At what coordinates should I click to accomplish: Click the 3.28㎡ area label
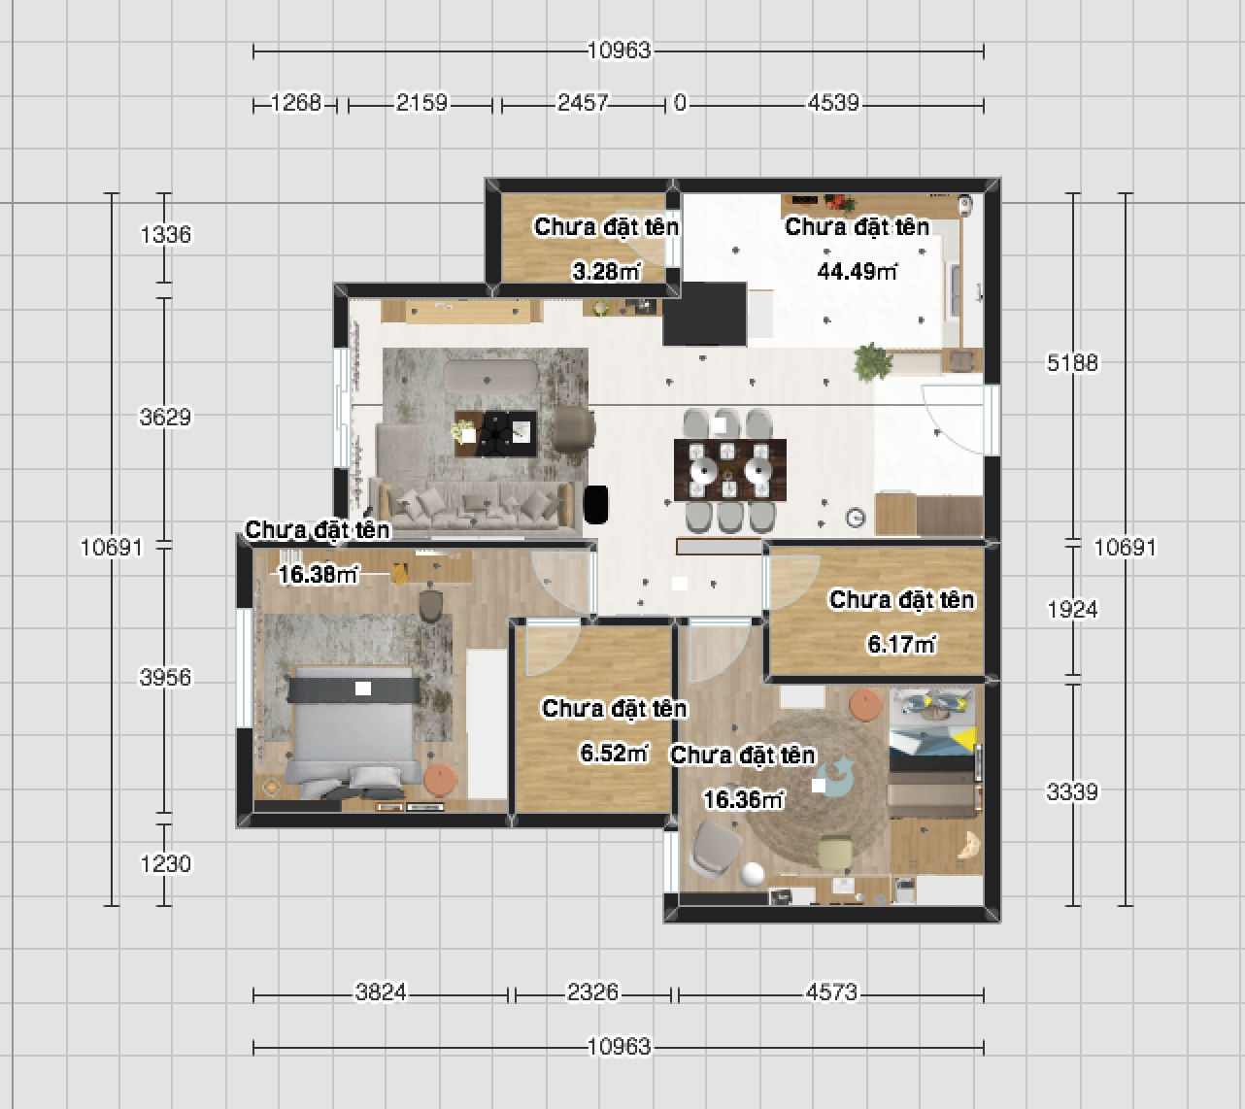tap(607, 271)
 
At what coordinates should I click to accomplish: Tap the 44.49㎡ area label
tap(857, 271)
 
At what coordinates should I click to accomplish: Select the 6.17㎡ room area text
tap(901, 644)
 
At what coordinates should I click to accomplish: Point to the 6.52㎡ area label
tap(614, 753)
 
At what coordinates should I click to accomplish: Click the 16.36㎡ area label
tap(743, 799)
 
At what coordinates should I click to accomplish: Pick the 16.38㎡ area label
tap(318, 575)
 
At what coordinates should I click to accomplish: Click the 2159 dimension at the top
tap(421, 103)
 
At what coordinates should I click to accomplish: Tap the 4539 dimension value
tap(833, 103)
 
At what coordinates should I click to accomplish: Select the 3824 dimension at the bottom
tap(381, 992)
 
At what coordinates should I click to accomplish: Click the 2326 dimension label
tap(593, 992)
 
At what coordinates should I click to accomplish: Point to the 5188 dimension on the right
tap(1072, 363)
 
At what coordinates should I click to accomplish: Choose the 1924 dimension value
tap(1072, 610)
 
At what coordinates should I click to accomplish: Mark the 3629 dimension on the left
tap(165, 418)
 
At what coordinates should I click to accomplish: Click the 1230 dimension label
tap(166, 864)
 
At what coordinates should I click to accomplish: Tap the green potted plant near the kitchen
tap(873, 362)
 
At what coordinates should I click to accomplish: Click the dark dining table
tap(730, 470)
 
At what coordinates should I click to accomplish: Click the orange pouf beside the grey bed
tap(441, 781)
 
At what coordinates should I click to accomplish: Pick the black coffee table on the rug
tap(495, 434)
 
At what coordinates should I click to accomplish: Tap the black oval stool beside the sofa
tap(595, 504)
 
